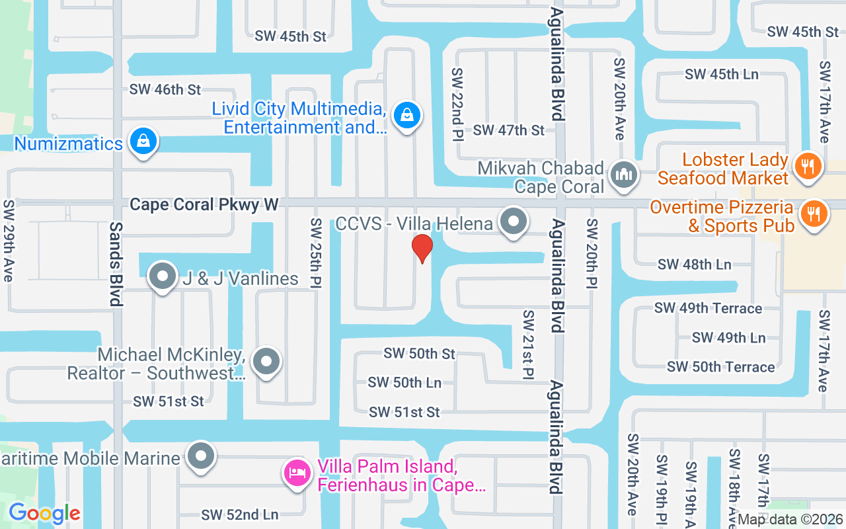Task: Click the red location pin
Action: [x=422, y=248]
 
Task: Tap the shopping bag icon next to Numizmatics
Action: [x=143, y=141]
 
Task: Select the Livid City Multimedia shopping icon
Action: [x=408, y=116]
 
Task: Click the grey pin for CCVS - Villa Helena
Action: [x=513, y=222]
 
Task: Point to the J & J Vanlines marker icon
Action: [x=163, y=276]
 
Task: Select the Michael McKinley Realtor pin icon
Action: [x=266, y=362]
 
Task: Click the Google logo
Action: [x=44, y=513]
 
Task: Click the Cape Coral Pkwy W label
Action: [x=204, y=204]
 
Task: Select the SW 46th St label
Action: [x=165, y=89]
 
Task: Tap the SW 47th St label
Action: [x=509, y=130]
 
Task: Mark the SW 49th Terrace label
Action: [x=708, y=308]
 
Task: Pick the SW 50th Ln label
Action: [x=404, y=382]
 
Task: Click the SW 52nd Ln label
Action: [x=240, y=514]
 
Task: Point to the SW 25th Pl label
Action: [x=316, y=253]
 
